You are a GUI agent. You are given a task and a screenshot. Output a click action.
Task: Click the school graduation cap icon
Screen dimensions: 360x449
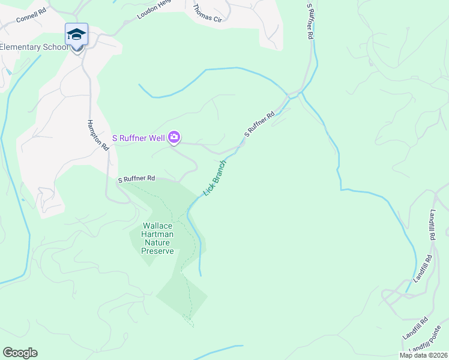click(x=76, y=34)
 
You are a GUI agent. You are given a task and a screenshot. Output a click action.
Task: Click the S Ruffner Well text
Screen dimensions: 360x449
click(x=139, y=138)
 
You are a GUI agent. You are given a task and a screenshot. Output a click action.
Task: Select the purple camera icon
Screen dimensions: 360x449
click(x=173, y=138)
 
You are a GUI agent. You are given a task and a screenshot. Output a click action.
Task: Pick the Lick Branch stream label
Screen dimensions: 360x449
click(x=215, y=178)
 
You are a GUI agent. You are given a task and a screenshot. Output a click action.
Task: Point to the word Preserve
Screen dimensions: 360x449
click(x=157, y=251)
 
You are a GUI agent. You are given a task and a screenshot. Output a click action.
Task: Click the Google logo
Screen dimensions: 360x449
click(x=20, y=353)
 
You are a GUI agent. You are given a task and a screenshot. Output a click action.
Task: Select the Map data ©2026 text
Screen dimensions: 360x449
click(x=423, y=355)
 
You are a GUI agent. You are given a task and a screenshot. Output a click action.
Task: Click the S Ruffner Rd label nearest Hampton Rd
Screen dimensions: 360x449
click(x=136, y=179)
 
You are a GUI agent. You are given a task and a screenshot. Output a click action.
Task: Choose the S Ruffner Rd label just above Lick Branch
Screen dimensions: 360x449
click(x=259, y=124)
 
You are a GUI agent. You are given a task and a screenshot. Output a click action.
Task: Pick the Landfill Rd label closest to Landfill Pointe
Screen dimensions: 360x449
click(x=415, y=326)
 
